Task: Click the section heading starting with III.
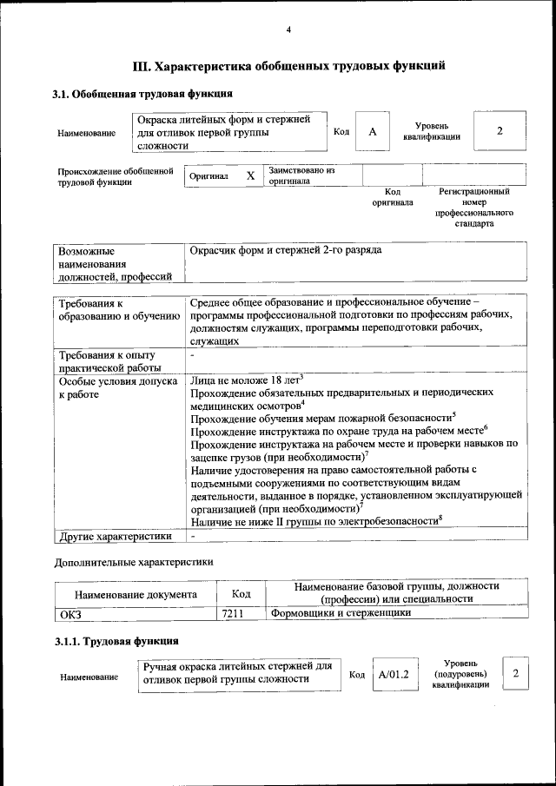tap(288, 65)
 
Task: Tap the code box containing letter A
tap(372, 132)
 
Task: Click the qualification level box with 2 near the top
tap(499, 131)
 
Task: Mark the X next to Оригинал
tap(250, 176)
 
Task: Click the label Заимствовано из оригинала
tap(301, 175)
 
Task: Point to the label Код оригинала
tap(393, 197)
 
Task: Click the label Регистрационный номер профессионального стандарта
tap(473, 207)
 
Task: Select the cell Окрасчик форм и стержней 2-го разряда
tap(286, 250)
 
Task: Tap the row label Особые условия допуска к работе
tap(117, 387)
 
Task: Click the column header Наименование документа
tap(135, 594)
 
